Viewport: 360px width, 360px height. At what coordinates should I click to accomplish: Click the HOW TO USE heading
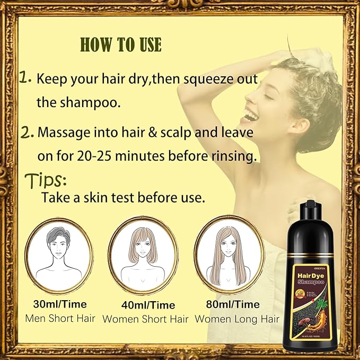coord(121,45)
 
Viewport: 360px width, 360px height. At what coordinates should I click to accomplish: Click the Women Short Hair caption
coord(146,319)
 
